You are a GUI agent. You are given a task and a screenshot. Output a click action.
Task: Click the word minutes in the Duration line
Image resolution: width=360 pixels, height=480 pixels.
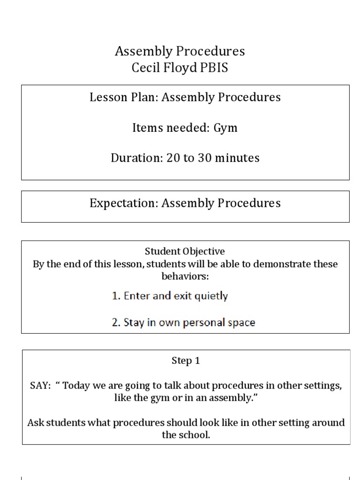(x=238, y=158)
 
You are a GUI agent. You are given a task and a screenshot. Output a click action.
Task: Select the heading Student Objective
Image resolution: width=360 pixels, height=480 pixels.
(x=185, y=252)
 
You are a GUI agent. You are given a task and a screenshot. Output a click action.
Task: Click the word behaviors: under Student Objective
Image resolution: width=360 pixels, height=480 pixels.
(x=185, y=276)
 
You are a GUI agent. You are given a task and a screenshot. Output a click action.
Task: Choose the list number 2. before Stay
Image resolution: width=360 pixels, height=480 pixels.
(x=116, y=323)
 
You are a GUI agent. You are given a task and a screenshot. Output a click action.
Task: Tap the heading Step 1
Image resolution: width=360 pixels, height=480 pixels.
(x=185, y=361)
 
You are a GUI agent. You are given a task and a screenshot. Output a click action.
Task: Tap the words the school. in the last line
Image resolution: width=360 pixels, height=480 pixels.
(x=186, y=435)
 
